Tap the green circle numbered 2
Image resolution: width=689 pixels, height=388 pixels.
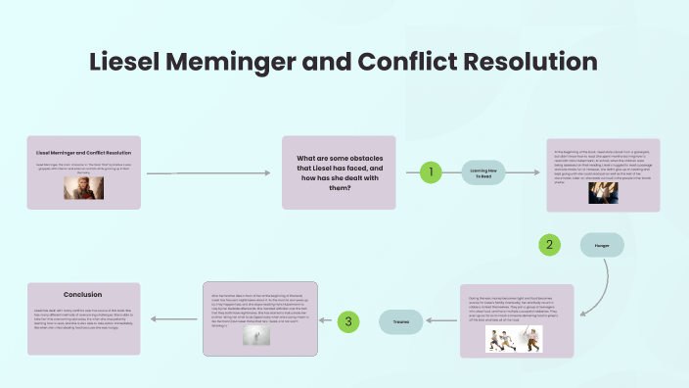[x=550, y=244]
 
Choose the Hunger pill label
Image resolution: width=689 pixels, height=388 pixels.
[x=602, y=244]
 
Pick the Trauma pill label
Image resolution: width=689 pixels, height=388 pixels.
[x=401, y=320]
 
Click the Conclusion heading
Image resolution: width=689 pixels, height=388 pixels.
[x=83, y=294]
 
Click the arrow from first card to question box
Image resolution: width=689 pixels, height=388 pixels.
[x=207, y=173]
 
